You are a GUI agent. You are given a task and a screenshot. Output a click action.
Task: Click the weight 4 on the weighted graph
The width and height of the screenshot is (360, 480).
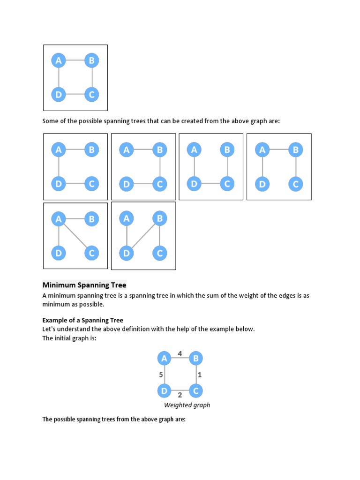180,353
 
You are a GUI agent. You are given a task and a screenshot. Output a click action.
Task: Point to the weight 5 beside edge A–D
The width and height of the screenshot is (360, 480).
161,375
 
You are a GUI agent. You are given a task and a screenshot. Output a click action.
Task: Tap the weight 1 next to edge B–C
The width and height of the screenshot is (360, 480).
199,375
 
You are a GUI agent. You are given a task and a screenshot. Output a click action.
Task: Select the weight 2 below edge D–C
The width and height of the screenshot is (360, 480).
180,395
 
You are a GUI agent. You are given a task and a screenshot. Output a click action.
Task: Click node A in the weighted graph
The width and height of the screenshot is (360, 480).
164,359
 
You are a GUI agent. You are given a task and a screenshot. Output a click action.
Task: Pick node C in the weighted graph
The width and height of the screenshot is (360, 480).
196,390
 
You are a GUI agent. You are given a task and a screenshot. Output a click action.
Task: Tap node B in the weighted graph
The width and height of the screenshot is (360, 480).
196,359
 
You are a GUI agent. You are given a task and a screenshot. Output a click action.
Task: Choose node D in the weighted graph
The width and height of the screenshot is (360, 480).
164,390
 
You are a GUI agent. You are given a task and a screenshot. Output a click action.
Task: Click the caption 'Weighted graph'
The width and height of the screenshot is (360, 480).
187,405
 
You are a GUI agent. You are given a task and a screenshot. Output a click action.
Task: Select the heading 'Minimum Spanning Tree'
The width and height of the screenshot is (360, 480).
84,285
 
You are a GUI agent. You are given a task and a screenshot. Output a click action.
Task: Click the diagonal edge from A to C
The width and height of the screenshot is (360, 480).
75,236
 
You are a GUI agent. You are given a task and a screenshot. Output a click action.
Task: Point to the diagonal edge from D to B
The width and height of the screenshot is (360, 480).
143,236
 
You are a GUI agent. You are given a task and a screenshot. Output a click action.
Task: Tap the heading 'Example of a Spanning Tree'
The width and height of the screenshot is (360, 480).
82,320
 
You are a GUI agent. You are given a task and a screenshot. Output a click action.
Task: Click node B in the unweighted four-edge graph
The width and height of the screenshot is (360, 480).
92,60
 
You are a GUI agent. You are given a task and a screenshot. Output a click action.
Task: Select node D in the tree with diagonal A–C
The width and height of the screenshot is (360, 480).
59,253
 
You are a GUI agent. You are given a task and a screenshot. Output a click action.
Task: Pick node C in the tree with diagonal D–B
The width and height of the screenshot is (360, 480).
160,253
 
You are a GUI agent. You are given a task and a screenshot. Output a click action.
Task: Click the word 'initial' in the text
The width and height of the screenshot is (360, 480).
65,338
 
